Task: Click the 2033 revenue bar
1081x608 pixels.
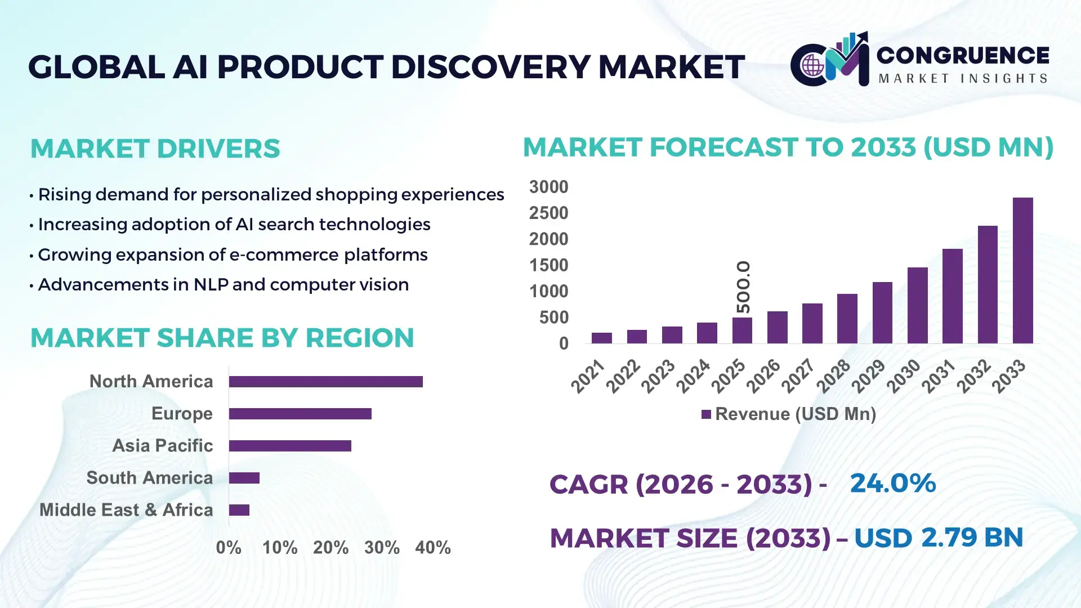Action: (x=1022, y=270)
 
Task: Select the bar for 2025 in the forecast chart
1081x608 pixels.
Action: (x=742, y=330)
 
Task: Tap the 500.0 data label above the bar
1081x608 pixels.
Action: (x=743, y=287)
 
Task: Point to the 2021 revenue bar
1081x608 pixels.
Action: (x=601, y=338)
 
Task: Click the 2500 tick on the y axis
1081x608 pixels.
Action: (x=548, y=213)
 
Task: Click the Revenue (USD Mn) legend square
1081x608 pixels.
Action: (x=706, y=414)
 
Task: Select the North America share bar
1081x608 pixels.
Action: (x=325, y=382)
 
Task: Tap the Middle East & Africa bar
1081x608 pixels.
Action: (x=239, y=510)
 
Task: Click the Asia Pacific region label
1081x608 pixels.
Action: (x=162, y=446)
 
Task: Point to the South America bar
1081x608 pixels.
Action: (x=244, y=478)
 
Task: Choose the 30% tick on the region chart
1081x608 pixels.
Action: (x=382, y=548)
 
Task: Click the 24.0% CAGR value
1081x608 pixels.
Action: (x=892, y=483)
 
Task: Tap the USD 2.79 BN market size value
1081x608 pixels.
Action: (x=938, y=538)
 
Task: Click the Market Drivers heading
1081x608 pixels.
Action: (x=155, y=149)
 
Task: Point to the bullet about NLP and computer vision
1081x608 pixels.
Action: (x=223, y=285)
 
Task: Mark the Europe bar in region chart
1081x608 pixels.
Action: (x=300, y=414)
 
